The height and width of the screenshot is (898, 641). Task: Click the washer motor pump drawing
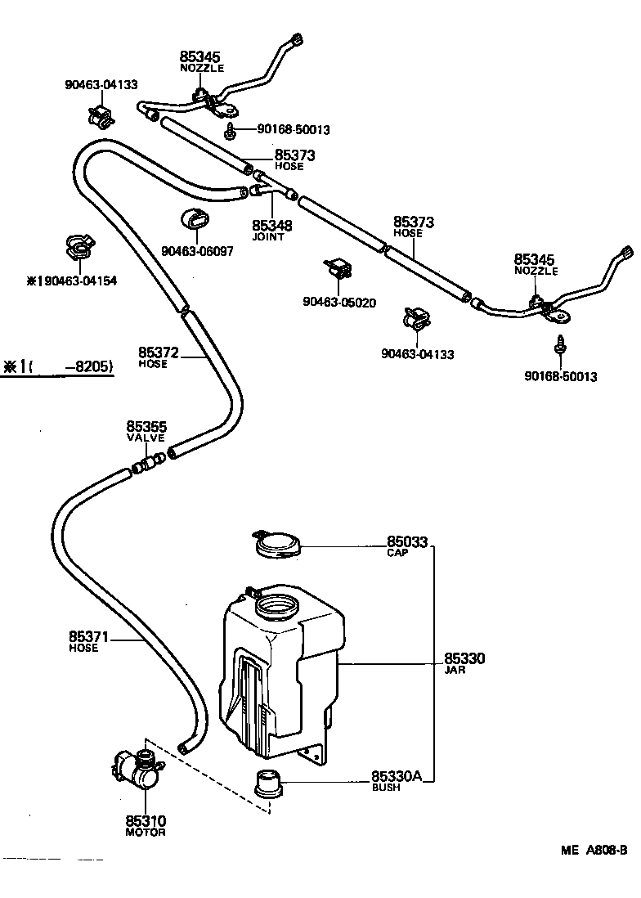(137, 769)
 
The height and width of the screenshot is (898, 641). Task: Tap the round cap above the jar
(277, 545)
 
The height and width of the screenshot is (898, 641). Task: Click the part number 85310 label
(146, 820)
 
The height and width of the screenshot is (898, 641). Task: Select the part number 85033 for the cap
(406, 541)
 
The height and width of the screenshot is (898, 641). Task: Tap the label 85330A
(397, 776)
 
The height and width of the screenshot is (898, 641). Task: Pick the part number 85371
(89, 636)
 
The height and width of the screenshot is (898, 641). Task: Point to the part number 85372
(158, 352)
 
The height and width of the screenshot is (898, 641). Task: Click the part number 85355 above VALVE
(146, 426)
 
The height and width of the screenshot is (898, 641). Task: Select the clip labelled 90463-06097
(193, 221)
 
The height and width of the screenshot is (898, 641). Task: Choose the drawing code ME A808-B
(594, 850)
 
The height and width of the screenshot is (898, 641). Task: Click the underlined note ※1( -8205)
(57, 367)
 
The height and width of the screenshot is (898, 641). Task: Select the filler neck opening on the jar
(277, 608)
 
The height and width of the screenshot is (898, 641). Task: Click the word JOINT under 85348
(267, 237)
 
